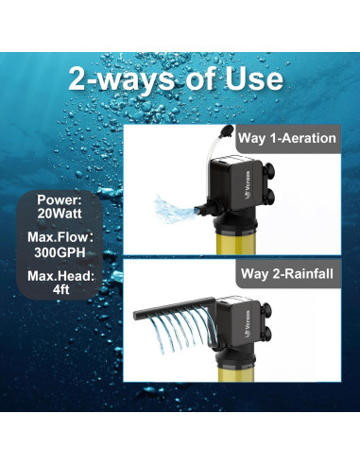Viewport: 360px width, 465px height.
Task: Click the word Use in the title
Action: coord(253,78)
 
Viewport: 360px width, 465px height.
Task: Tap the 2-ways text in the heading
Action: coord(121,79)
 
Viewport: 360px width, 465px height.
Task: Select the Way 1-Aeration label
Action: coord(287,138)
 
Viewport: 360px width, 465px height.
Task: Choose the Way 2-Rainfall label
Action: coord(287,273)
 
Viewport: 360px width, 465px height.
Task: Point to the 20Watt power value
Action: coord(60,214)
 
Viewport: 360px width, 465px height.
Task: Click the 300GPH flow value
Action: coord(60,252)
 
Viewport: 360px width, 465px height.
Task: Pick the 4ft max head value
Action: coord(60,289)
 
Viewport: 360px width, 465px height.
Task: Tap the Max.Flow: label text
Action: coord(60,237)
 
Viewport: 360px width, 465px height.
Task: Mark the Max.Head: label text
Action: coord(60,276)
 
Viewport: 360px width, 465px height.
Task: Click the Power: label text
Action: coord(60,200)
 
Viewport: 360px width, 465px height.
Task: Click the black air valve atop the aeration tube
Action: coord(227,130)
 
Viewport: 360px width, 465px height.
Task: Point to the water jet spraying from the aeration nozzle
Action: coord(173,209)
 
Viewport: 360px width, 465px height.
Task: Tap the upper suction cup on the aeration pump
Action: coord(268,172)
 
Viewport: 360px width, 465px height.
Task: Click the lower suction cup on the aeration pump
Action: coord(268,198)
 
